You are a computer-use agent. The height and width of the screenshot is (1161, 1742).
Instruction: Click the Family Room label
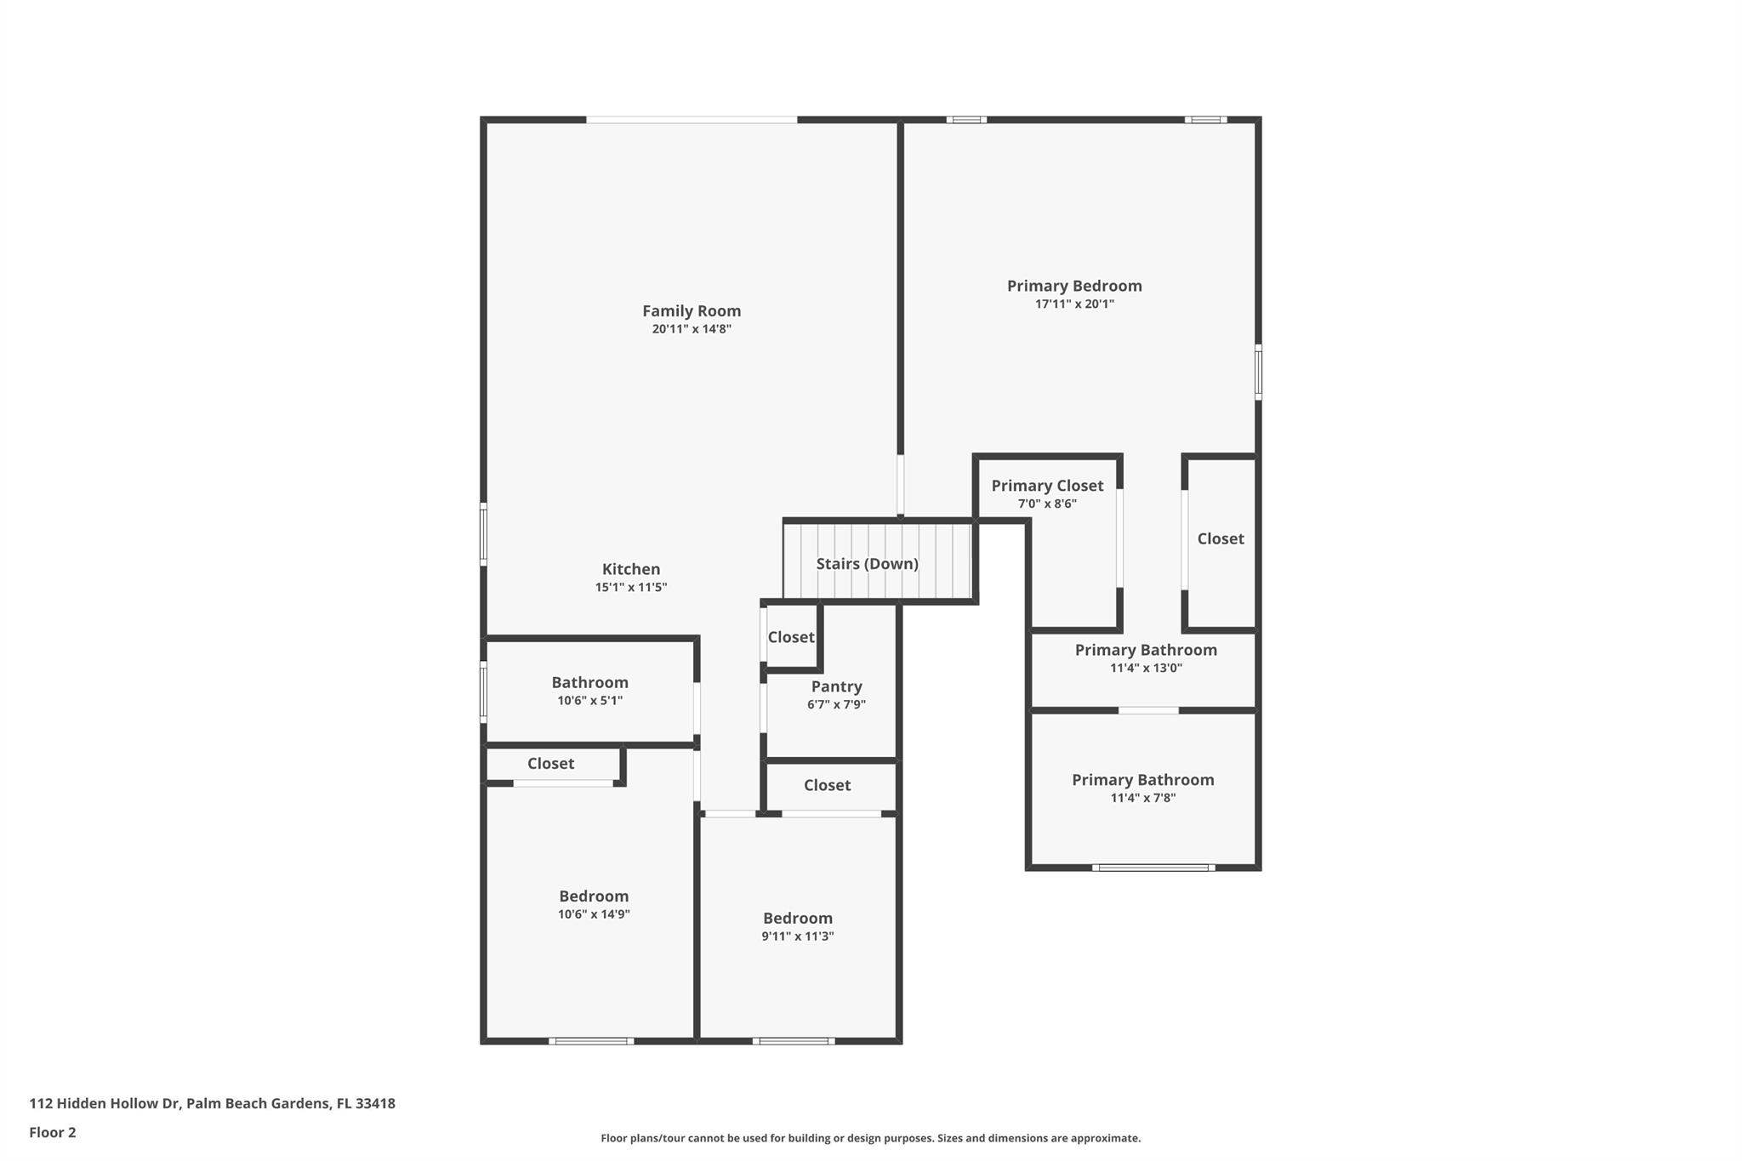pyautogui.click(x=691, y=311)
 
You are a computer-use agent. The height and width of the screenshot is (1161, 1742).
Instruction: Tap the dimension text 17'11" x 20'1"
pyautogui.click(x=1073, y=304)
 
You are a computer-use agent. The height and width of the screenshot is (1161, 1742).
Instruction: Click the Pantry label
pyautogui.click(x=836, y=686)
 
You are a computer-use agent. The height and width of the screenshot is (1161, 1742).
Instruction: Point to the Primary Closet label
pyautogui.click(x=1046, y=486)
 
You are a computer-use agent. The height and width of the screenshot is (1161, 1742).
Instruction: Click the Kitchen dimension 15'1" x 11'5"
pyautogui.click(x=630, y=588)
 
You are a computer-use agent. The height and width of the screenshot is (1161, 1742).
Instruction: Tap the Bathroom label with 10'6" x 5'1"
pyautogui.click(x=589, y=682)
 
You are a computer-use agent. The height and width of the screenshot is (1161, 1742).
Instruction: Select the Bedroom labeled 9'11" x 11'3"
pyautogui.click(x=797, y=919)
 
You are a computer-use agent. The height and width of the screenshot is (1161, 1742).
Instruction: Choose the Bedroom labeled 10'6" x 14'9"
pyautogui.click(x=593, y=896)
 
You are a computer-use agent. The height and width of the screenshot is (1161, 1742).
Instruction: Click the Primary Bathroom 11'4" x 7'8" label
pyautogui.click(x=1142, y=780)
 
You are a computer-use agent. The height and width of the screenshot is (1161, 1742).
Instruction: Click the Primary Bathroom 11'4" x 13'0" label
pyautogui.click(x=1145, y=650)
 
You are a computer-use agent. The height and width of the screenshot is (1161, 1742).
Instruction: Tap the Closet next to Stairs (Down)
pyautogui.click(x=790, y=637)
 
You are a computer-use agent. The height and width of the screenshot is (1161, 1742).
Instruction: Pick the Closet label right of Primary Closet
pyautogui.click(x=1220, y=538)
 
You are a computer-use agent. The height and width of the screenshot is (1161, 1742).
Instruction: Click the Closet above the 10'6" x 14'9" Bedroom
pyautogui.click(x=550, y=764)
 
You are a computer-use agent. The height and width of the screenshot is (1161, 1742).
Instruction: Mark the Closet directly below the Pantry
pyautogui.click(x=827, y=785)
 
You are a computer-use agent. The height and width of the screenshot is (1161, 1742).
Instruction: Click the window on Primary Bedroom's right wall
pyautogui.click(x=1258, y=372)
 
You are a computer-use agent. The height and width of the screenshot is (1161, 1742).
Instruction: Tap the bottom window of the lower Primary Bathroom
pyautogui.click(x=1153, y=868)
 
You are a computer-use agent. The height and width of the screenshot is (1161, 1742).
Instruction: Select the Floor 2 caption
pyautogui.click(x=53, y=1132)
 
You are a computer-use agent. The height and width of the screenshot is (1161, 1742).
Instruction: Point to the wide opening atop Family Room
pyautogui.click(x=691, y=120)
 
